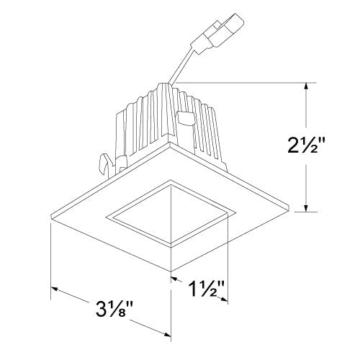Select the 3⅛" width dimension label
pos(115,315)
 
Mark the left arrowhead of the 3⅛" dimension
pos(54,289)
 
